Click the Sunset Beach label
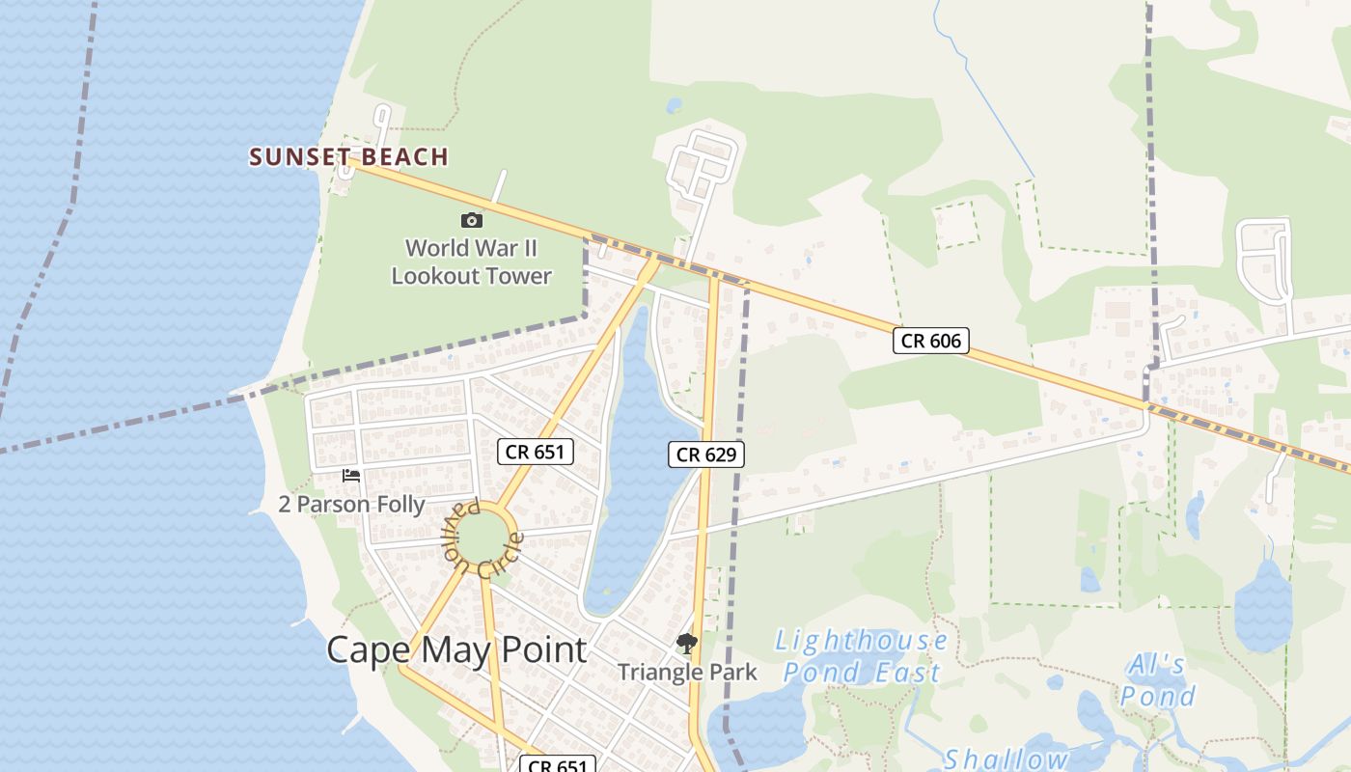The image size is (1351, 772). pyautogui.click(x=349, y=156)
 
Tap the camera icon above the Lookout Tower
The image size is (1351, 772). pyautogui.click(x=472, y=220)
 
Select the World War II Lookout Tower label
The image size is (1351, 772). pyautogui.click(x=471, y=262)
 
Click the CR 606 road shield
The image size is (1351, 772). pyautogui.click(x=930, y=340)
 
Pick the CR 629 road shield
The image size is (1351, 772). pyautogui.click(x=706, y=454)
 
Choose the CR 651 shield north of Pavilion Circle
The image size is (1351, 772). pyautogui.click(x=536, y=451)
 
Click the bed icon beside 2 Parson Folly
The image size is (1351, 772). pyautogui.click(x=351, y=475)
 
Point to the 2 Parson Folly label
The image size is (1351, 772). pyautogui.click(x=351, y=504)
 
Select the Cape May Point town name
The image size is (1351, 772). pyautogui.click(x=456, y=649)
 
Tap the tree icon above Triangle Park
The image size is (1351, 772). pyautogui.click(x=687, y=643)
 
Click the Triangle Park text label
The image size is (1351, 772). pyautogui.click(x=688, y=672)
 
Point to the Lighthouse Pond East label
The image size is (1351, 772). pyautogui.click(x=862, y=656)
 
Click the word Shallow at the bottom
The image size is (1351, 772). pyautogui.click(x=1006, y=759)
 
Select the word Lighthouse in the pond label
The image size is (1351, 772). pyautogui.click(x=862, y=640)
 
